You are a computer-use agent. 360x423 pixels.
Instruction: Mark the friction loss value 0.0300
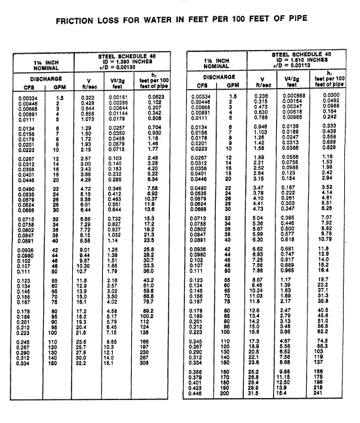coord(337,96)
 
